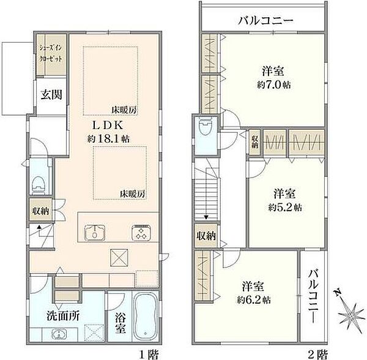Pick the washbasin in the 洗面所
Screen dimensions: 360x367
pos(58,336)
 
